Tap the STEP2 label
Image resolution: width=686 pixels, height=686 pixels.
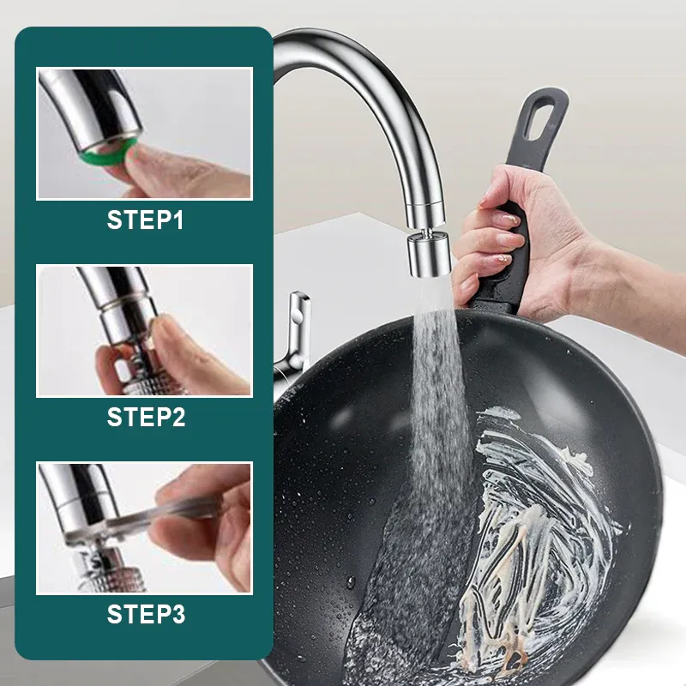(x=145, y=418)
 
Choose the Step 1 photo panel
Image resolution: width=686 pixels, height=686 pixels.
(x=144, y=134)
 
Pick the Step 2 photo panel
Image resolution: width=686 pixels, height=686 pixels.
(x=144, y=331)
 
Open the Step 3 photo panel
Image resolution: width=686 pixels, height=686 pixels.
(x=144, y=527)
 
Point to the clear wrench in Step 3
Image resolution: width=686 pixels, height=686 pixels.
(x=171, y=514)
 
